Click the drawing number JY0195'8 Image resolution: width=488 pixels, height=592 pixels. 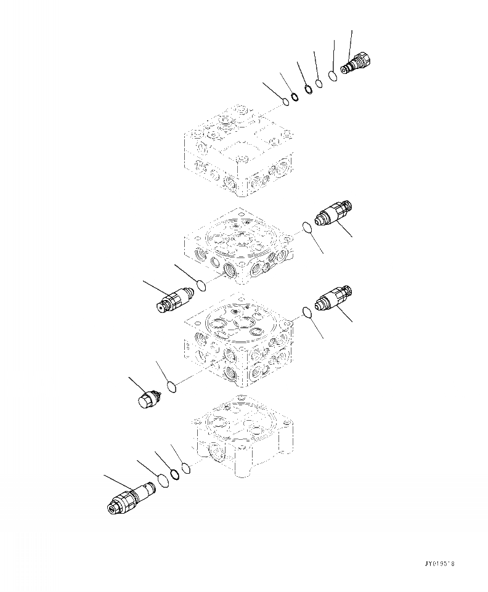point(442,563)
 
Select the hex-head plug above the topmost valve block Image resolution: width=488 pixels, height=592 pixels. point(356,64)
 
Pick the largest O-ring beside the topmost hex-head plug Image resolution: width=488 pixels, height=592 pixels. point(333,76)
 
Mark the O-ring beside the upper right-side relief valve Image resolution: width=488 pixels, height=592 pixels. point(307,229)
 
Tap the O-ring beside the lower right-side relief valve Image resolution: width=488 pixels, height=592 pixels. point(307,314)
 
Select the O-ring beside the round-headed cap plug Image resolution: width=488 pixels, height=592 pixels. point(173,387)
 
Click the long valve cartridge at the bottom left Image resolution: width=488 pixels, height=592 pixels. point(131,498)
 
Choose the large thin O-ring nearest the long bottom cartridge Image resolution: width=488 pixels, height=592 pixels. point(163,480)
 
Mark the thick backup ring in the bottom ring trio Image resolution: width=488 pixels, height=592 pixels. point(175,474)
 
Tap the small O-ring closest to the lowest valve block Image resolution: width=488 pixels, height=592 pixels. point(187,468)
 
